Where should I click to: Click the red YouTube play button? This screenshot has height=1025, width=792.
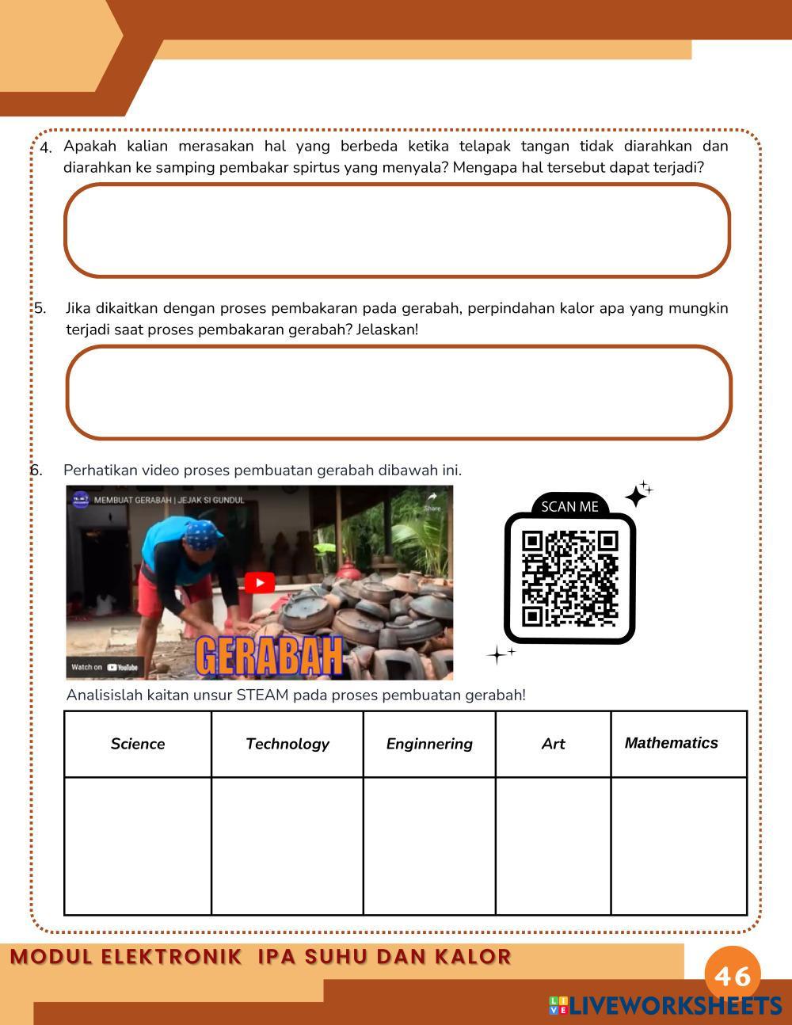[x=259, y=583]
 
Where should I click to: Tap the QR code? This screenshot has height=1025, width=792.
[x=569, y=578]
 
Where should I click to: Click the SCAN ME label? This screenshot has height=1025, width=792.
[x=569, y=507]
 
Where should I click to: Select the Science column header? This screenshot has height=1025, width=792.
[x=138, y=744]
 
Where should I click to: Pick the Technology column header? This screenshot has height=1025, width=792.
[x=287, y=744]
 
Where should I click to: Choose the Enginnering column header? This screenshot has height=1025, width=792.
[x=429, y=744]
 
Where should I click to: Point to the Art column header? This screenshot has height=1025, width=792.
[x=553, y=744]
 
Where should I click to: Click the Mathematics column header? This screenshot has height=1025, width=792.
[x=671, y=743]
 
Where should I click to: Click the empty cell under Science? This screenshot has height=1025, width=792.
[x=138, y=846]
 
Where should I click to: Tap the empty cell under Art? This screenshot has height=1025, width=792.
[x=553, y=846]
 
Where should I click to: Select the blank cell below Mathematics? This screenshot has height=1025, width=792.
[x=679, y=846]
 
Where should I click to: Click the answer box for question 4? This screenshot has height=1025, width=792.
[x=397, y=231]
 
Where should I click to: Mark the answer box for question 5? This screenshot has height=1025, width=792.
[x=398, y=392]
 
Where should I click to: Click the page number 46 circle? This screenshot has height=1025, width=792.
[x=733, y=975]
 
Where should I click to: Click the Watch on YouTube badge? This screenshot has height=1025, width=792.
[x=105, y=667]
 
